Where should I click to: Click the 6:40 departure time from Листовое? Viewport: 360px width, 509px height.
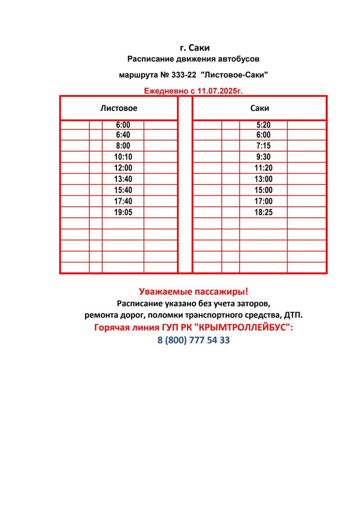click(x=123, y=135)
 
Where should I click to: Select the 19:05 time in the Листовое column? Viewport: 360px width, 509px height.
click(x=123, y=212)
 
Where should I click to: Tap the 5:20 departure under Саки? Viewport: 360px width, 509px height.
click(x=263, y=125)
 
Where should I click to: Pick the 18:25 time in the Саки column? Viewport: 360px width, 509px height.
click(x=263, y=212)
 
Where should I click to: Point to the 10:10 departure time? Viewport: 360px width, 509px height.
click(x=123, y=157)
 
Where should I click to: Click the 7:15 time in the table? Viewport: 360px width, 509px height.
click(x=263, y=146)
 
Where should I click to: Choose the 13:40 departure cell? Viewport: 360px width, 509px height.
click(x=123, y=179)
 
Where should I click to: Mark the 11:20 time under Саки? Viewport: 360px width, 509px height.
click(x=263, y=168)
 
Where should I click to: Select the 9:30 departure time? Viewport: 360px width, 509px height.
click(x=263, y=157)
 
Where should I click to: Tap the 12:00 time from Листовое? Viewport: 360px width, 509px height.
click(x=123, y=168)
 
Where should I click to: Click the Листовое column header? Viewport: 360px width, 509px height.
click(x=118, y=108)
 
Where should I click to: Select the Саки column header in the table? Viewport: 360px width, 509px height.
click(x=260, y=108)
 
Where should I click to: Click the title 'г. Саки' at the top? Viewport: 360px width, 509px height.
click(x=194, y=48)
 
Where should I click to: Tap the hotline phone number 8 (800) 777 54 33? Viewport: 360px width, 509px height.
click(x=193, y=341)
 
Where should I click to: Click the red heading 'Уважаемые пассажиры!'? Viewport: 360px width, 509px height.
click(x=193, y=291)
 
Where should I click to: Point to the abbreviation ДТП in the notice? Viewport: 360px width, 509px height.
click(x=293, y=315)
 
